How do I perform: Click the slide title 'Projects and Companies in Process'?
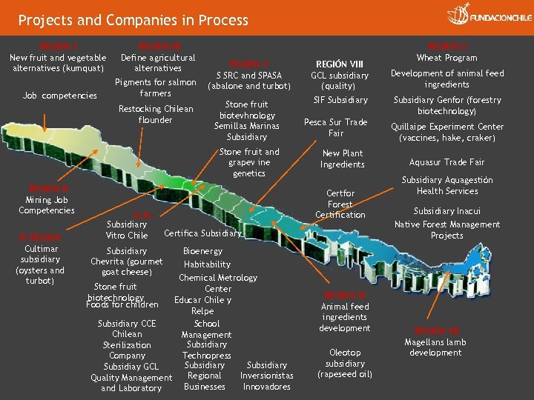133,20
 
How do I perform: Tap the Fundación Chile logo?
489,16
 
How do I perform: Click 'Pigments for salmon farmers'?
156,88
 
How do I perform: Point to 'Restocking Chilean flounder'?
156,114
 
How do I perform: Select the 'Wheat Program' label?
447,58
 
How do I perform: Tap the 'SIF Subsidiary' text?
340,100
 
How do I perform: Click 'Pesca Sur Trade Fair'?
336,127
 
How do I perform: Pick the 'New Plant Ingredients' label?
342,159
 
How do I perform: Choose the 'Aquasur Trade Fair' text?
446,162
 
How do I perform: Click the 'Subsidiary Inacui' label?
447,211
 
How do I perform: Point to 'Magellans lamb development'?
435,347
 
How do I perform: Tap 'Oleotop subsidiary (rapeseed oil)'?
345,364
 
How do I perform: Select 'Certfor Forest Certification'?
340,204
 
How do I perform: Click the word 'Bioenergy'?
202,251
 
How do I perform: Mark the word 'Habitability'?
207,264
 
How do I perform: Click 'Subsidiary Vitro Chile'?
127,230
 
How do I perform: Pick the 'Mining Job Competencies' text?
47,205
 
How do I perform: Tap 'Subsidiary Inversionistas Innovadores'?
267,376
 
